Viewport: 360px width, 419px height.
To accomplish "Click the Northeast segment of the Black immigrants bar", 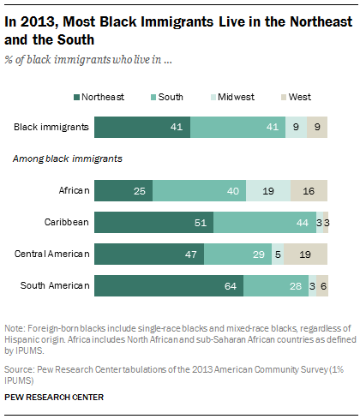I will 142,128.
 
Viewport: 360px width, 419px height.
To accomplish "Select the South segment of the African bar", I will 200,189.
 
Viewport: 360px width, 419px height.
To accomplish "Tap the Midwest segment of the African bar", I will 268,189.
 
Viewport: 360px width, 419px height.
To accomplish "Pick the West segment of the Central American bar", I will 306,254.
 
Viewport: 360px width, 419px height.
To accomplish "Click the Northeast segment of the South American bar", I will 169,286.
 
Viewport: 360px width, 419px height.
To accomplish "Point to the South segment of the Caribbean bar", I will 265,222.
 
